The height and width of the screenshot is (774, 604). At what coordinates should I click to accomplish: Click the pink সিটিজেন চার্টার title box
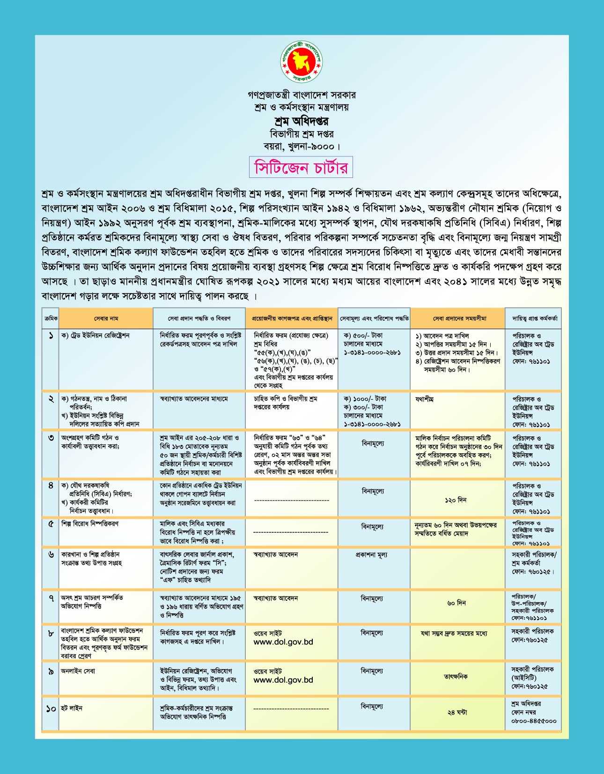(x=301, y=167)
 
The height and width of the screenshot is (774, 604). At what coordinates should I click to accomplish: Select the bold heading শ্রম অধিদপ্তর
(x=302, y=121)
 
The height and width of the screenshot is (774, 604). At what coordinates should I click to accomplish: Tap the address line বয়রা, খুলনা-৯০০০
(x=302, y=146)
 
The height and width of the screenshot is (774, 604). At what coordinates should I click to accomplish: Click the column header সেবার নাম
(x=106, y=318)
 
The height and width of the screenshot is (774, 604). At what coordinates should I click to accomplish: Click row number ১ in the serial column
(x=51, y=336)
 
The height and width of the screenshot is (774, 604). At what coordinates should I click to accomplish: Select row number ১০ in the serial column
(x=51, y=709)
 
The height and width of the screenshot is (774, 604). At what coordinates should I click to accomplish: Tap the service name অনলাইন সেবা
(x=78, y=671)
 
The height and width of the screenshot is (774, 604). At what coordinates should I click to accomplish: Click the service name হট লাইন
(x=72, y=708)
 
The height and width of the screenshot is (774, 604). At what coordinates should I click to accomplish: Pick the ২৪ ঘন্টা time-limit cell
(x=457, y=712)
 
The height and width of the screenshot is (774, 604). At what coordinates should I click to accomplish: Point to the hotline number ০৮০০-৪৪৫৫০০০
(x=534, y=721)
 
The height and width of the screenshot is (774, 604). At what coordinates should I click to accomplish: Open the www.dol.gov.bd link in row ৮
(x=283, y=642)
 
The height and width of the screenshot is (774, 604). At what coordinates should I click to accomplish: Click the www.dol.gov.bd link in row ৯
(x=283, y=680)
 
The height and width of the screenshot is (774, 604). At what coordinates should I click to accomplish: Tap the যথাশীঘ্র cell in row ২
(x=424, y=399)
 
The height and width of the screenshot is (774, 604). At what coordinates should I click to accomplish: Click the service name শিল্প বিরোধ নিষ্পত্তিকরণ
(x=90, y=523)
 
